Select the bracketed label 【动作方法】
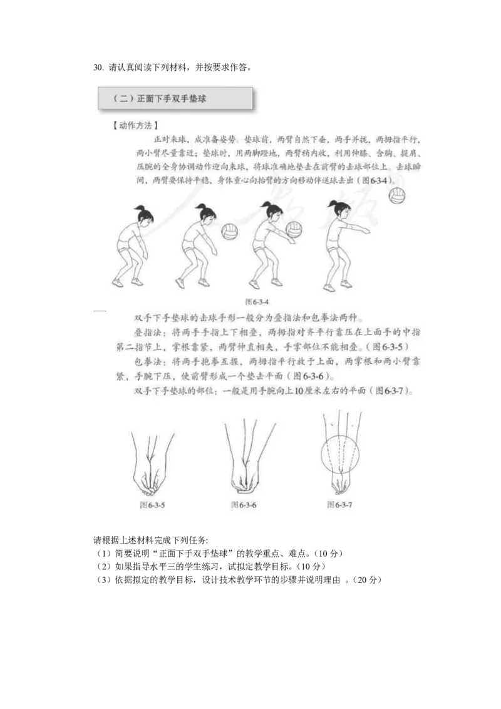(x=131, y=125)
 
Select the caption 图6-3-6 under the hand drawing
(x=244, y=504)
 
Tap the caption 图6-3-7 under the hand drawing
(x=339, y=504)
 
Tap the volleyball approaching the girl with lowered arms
(x=230, y=232)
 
